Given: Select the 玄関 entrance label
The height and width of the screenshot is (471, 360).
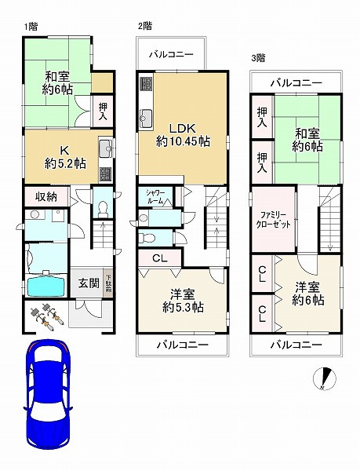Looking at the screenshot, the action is [x=89, y=283].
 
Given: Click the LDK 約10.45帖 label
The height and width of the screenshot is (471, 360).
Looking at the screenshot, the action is [x=183, y=135].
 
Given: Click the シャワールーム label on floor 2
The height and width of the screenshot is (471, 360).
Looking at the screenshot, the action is [x=155, y=197].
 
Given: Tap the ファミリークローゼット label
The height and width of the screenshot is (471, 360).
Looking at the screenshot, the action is [x=273, y=220].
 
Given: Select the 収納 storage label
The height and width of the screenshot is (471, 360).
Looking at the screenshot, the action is [x=46, y=197].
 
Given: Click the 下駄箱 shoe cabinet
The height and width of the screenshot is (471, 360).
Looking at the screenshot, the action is [x=108, y=283].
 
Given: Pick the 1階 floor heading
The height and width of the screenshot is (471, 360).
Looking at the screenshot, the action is [x=31, y=27].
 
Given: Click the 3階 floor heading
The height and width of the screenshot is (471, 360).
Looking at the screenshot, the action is [x=258, y=58].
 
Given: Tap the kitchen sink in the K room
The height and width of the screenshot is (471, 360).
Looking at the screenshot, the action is [x=105, y=148].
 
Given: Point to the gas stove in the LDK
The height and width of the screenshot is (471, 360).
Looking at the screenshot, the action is [x=147, y=84].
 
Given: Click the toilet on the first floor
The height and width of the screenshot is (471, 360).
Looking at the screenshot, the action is [x=103, y=207].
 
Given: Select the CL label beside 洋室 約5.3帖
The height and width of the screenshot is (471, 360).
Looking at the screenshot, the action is [x=159, y=258].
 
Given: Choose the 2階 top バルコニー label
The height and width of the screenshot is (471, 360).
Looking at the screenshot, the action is [x=171, y=55].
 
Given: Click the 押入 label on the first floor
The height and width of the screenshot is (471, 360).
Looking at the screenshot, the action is [x=103, y=111].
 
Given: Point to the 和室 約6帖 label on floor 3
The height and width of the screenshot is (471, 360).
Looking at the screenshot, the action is [x=307, y=140].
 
